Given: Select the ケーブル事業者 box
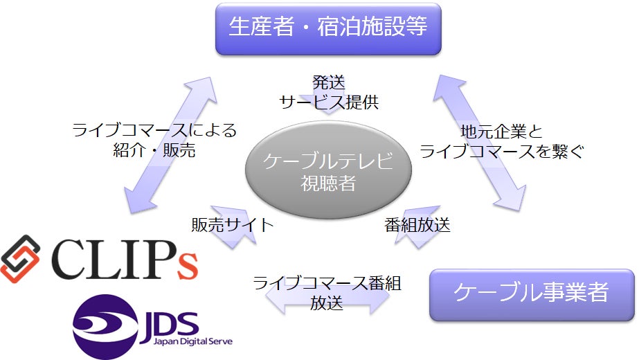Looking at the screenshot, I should (531, 294).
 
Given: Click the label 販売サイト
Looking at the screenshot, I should (233, 224).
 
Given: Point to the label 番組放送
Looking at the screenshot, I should (417, 224).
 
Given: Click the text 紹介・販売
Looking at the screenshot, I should (154, 150).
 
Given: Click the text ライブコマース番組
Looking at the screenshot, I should (327, 283).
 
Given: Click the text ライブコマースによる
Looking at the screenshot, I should (154, 130).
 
